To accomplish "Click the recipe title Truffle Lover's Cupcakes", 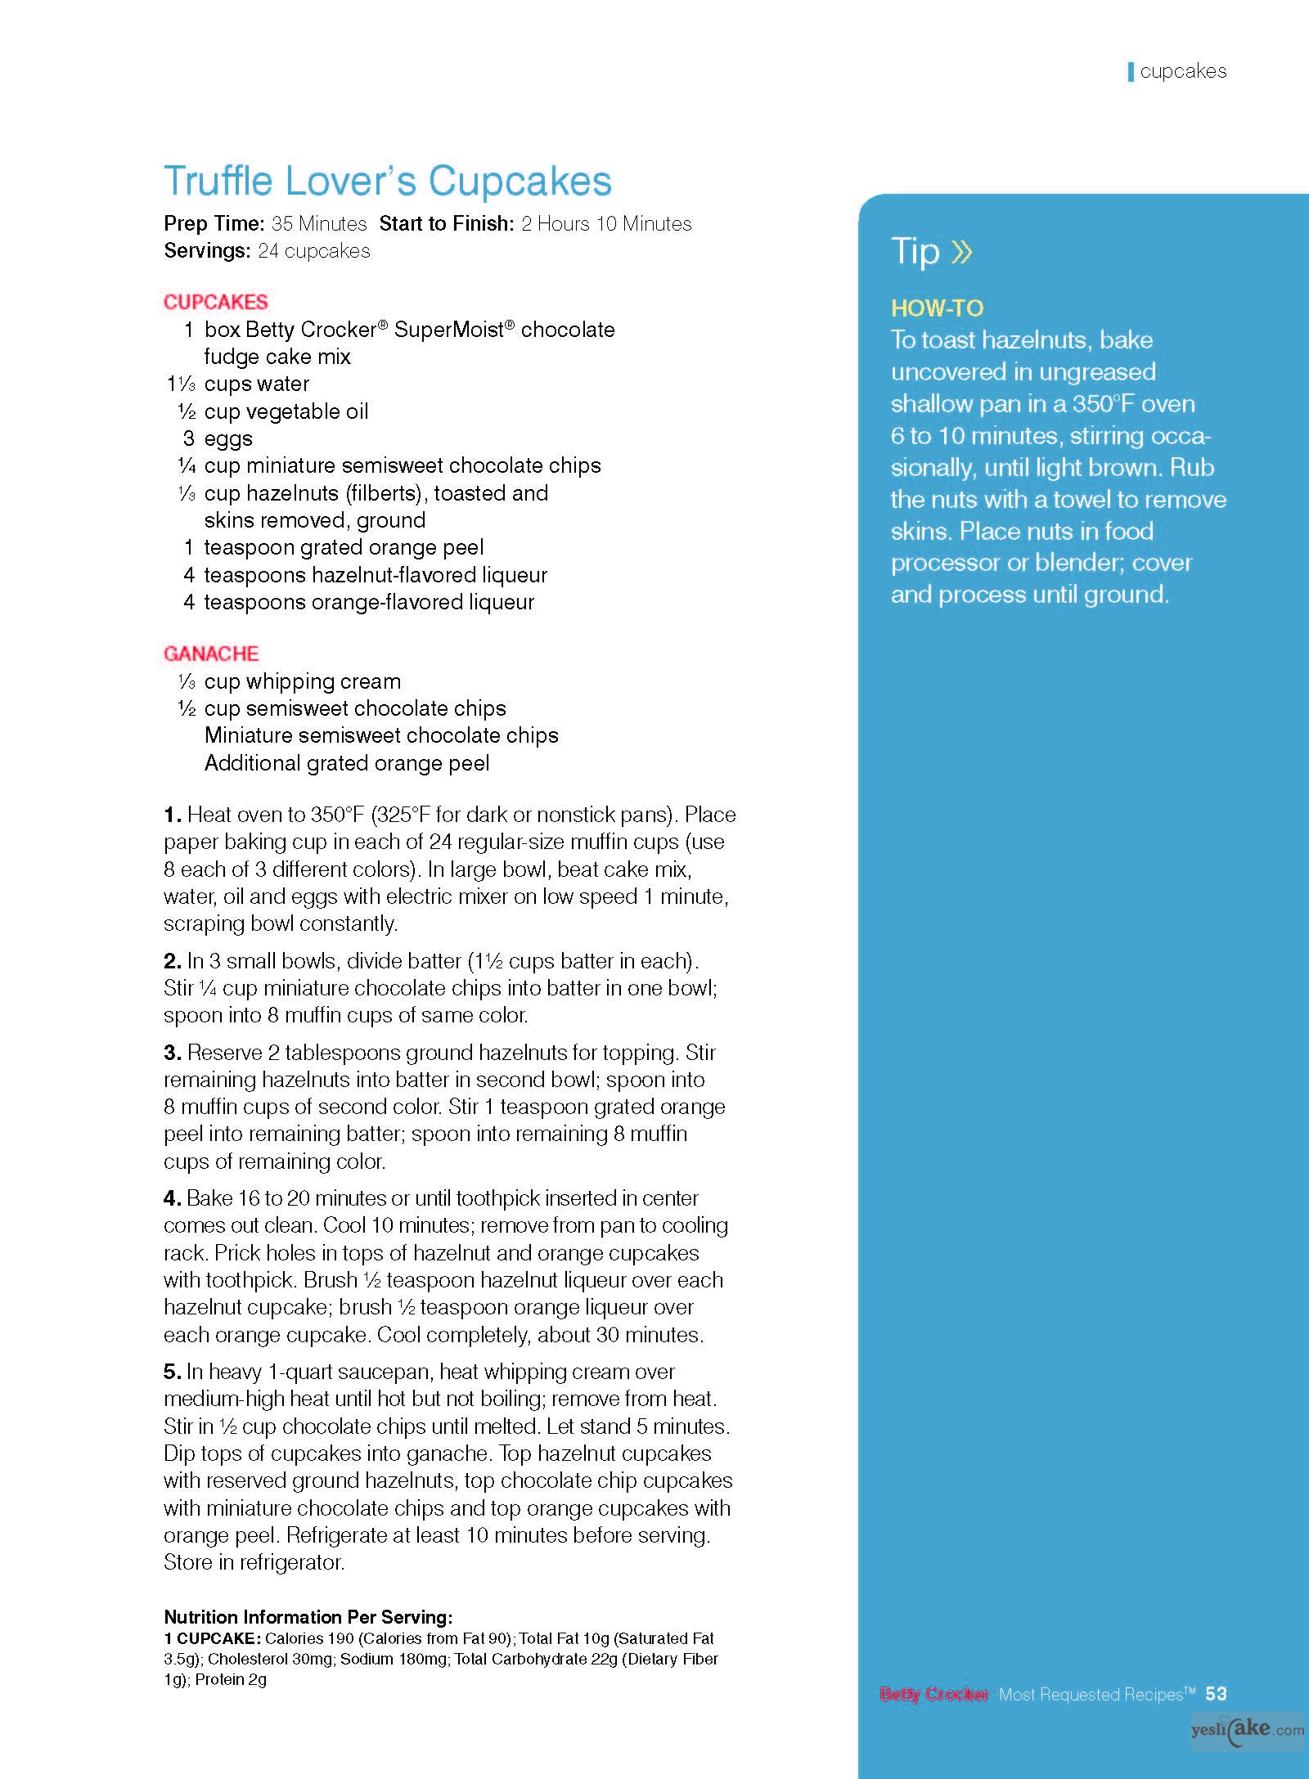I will pyautogui.click(x=387, y=181).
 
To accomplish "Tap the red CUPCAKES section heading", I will pyautogui.click(x=215, y=302).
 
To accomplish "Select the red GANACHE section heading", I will pyautogui.click(x=211, y=654).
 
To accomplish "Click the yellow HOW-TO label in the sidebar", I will pyautogui.click(x=937, y=308).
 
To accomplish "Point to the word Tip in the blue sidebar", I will pyautogui.click(x=915, y=251).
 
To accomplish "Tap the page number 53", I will pyautogui.click(x=1216, y=1694).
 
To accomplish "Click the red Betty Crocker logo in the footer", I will pyautogui.click(x=933, y=1695).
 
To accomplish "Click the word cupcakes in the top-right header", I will pyautogui.click(x=1183, y=71).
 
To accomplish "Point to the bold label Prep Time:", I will pyautogui.click(x=214, y=224).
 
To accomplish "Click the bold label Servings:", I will pyautogui.click(x=207, y=251).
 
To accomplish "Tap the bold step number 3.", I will pyautogui.click(x=172, y=1053).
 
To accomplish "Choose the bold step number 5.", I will pyautogui.click(x=172, y=1372).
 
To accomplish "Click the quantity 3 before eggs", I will pyautogui.click(x=189, y=438).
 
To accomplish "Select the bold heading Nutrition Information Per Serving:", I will pyautogui.click(x=308, y=1617).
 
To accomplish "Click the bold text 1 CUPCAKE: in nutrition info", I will pyautogui.click(x=212, y=1638).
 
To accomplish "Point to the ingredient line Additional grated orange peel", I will pyautogui.click(x=347, y=763).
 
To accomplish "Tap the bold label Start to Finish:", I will pyautogui.click(x=447, y=224).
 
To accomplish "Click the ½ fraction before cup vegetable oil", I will pyautogui.click(x=187, y=411).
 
